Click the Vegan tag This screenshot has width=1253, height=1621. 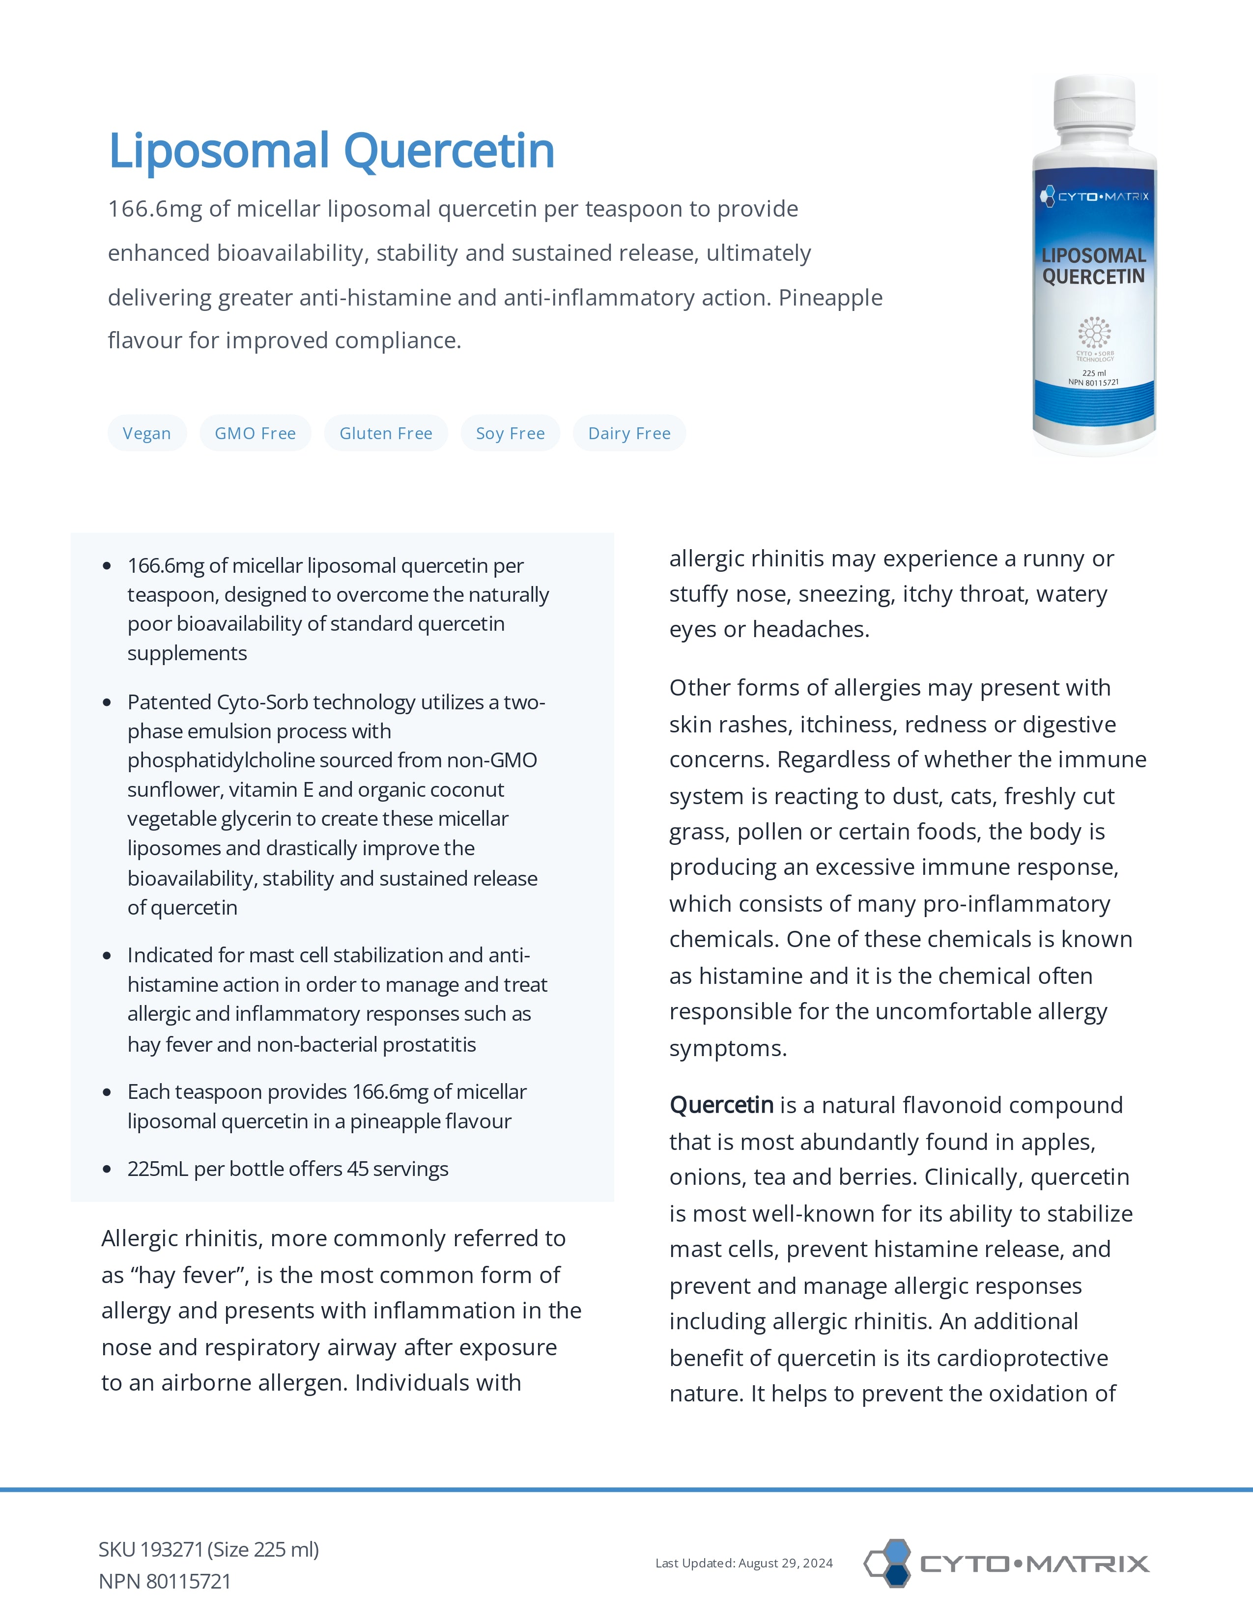pos(146,433)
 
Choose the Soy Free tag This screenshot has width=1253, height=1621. pos(510,433)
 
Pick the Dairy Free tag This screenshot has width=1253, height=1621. pos(629,433)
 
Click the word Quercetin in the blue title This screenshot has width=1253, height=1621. pos(449,151)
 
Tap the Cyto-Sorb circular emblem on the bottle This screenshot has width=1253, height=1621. pos(1094,333)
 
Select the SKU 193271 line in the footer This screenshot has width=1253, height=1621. pos(208,1550)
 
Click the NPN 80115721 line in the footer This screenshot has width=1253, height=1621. pos(165,1582)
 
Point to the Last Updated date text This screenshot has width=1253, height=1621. pos(744,1563)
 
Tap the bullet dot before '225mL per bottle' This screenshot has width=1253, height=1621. pos(107,1170)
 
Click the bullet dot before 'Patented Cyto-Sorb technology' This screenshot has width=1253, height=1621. pos(107,702)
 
